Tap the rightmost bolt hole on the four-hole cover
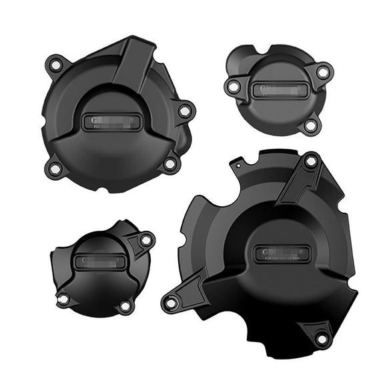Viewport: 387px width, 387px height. point(183,111)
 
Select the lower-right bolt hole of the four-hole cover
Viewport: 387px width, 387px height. point(169,163)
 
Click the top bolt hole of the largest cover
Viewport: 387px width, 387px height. point(310,161)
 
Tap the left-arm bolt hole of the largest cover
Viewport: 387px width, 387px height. point(171,304)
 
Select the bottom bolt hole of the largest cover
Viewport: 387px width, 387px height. point(322,339)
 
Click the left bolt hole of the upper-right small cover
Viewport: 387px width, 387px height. point(234,87)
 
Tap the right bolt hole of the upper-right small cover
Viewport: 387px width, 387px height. point(322,71)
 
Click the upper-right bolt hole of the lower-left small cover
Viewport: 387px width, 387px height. point(145,239)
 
